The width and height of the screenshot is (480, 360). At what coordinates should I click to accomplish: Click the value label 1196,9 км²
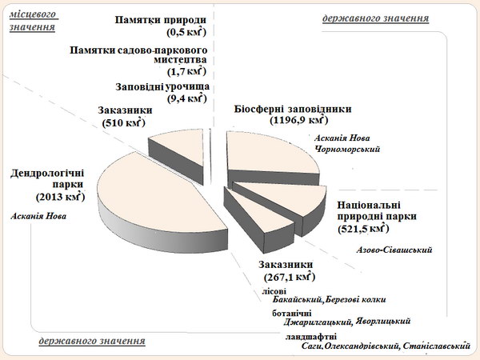[298, 120]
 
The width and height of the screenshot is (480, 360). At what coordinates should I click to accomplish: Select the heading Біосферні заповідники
[293, 109]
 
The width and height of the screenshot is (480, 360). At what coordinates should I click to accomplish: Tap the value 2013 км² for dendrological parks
[60, 197]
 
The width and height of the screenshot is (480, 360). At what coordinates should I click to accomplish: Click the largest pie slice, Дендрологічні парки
[159, 199]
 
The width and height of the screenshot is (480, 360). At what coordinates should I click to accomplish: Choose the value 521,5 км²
[363, 229]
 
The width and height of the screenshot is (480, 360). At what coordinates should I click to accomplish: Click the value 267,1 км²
[290, 277]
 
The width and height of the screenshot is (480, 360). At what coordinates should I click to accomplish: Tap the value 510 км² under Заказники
[124, 122]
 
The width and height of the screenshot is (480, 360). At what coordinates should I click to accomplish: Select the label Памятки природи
[161, 20]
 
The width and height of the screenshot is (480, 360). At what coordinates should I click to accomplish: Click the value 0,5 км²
[186, 32]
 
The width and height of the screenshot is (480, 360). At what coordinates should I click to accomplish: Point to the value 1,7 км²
[186, 71]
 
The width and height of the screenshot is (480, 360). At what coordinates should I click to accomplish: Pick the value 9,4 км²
[186, 98]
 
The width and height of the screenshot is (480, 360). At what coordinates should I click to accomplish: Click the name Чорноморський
[347, 150]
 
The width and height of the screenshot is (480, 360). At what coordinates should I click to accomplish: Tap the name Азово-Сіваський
[394, 250]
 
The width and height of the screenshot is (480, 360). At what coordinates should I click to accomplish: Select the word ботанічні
[292, 314]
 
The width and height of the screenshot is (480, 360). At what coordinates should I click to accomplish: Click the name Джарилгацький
[317, 322]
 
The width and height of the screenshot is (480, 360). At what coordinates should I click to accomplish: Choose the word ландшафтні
[311, 337]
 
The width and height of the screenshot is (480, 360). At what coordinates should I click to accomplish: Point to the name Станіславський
[437, 346]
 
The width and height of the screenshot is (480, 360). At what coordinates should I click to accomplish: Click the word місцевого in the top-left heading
[34, 14]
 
